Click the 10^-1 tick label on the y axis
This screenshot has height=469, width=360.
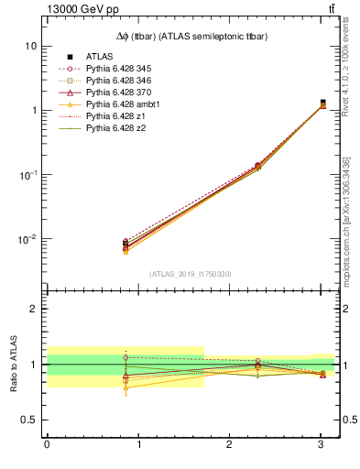click(x=27, y=175)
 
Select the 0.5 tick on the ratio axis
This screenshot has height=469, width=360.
click(x=28, y=420)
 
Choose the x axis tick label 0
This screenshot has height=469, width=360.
click(x=47, y=445)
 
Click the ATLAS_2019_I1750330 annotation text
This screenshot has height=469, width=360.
click(x=190, y=274)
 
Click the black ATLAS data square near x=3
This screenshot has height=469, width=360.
click(x=322, y=103)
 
